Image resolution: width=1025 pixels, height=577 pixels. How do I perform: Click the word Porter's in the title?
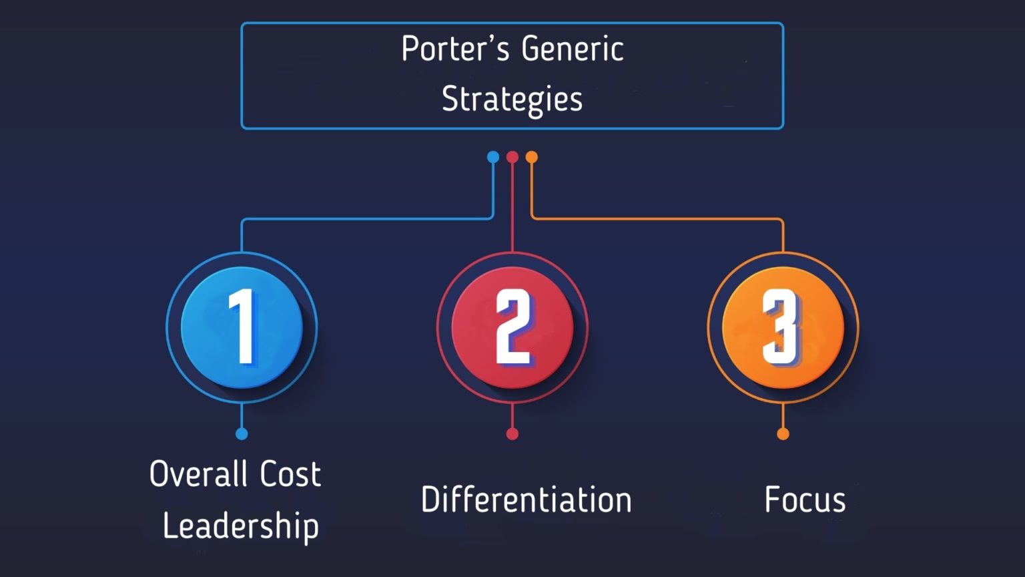coord(455,48)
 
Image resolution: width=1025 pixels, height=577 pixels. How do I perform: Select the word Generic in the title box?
coord(573,48)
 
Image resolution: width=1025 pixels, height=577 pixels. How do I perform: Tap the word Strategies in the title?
coord(512,100)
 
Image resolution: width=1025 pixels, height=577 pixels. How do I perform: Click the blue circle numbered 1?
coord(242,327)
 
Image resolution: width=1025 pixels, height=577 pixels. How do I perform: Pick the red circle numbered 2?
coord(512,327)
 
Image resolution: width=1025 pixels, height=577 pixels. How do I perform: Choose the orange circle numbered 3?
coord(783,327)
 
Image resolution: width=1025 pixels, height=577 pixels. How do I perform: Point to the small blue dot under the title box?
coord(493,157)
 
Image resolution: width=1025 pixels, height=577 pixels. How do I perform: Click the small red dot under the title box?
coord(512,157)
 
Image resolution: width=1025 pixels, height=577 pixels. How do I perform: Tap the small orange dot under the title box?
coord(532,157)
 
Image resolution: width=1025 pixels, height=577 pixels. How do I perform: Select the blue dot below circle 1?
coord(242,433)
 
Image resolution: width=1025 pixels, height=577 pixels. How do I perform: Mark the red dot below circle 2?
coord(512,433)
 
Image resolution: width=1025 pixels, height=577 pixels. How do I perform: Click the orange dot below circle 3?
coord(783,433)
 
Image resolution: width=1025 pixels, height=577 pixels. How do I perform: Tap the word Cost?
coord(290,473)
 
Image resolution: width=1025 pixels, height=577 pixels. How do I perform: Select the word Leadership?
coord(241,527)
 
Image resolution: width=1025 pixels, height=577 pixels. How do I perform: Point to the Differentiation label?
coord(527,499)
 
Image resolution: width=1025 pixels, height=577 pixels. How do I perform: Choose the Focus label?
coord(805,499)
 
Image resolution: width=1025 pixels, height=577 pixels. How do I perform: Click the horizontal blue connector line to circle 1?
coord(367,219)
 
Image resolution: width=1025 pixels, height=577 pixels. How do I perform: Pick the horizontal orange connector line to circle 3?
coord(657,219)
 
